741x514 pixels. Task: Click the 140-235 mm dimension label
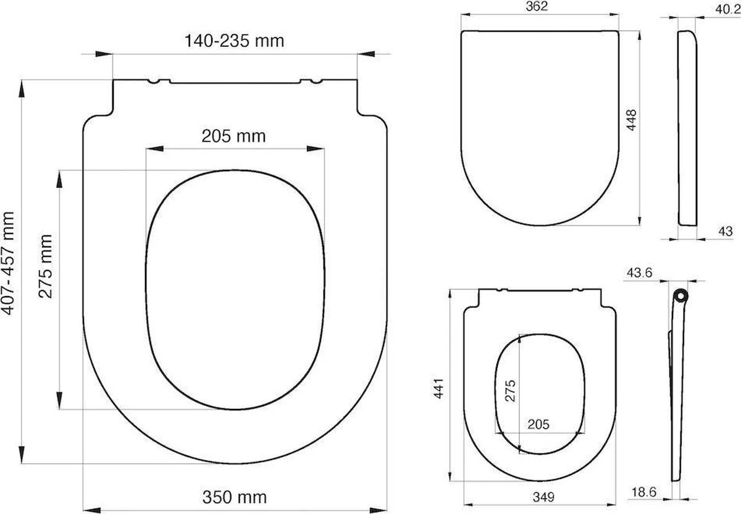234,41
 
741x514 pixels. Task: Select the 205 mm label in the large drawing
233,135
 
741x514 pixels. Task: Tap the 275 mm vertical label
45,266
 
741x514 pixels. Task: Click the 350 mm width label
235,497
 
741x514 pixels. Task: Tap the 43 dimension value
726,231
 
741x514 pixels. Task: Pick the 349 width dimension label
542,497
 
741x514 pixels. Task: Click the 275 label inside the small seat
511,390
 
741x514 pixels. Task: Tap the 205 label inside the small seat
538,424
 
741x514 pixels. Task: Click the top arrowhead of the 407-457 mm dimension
22,88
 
